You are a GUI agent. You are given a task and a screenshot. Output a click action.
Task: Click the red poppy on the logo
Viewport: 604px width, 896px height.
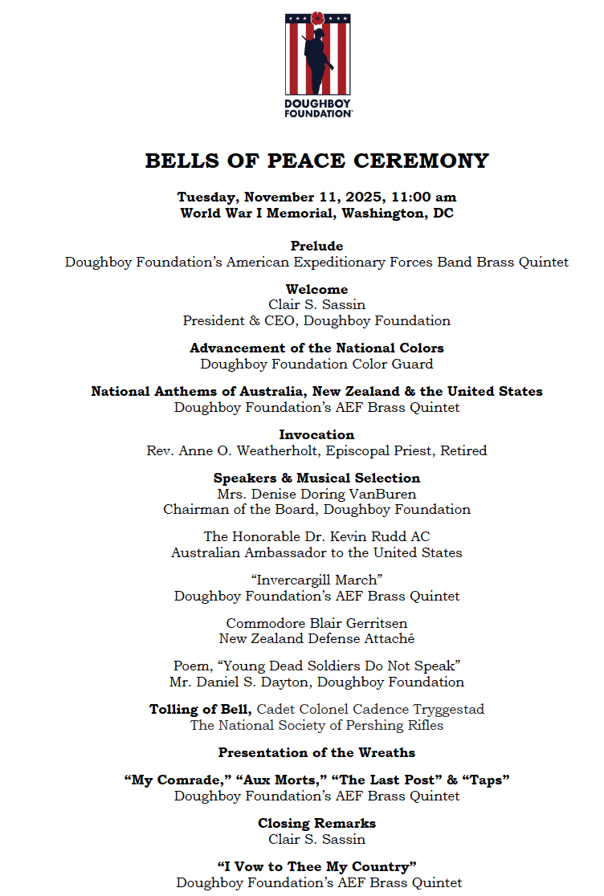(x=317, y=18)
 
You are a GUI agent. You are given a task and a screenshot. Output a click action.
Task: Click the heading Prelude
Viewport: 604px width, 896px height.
(x=316, y=246)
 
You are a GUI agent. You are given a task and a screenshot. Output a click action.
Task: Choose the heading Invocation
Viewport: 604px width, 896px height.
(x=316, y=435)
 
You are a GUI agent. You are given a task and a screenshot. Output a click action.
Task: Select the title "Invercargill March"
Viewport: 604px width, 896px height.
(x=316, y=580)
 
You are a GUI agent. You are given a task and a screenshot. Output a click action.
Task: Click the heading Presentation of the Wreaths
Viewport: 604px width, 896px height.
(x=316, y=753)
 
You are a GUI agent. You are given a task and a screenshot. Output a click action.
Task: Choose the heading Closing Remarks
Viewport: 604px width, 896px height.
(x=316, y=824)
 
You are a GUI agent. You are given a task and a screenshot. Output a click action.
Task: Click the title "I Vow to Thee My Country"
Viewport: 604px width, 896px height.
(x=316, y=867)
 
